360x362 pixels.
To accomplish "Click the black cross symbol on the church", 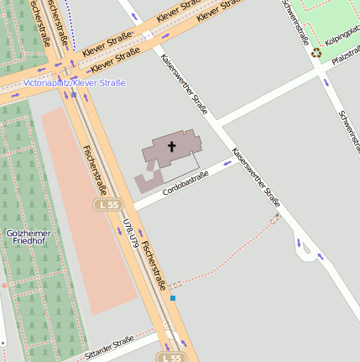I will tap(172, 147).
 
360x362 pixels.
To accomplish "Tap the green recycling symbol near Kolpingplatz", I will tap(316, 53).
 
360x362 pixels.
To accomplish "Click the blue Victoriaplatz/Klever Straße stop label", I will tap(74, 82).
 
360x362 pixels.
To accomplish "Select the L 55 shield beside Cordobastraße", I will tap(108, 204).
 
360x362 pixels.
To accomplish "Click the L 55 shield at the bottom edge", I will tap(171, 357).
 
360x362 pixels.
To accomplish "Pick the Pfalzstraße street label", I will tap(345, 59).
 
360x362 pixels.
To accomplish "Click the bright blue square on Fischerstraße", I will tap(173, 297).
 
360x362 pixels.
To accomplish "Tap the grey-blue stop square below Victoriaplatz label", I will tap(74, 94).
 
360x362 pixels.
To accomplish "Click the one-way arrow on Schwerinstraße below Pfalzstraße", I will tap(326, 81).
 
